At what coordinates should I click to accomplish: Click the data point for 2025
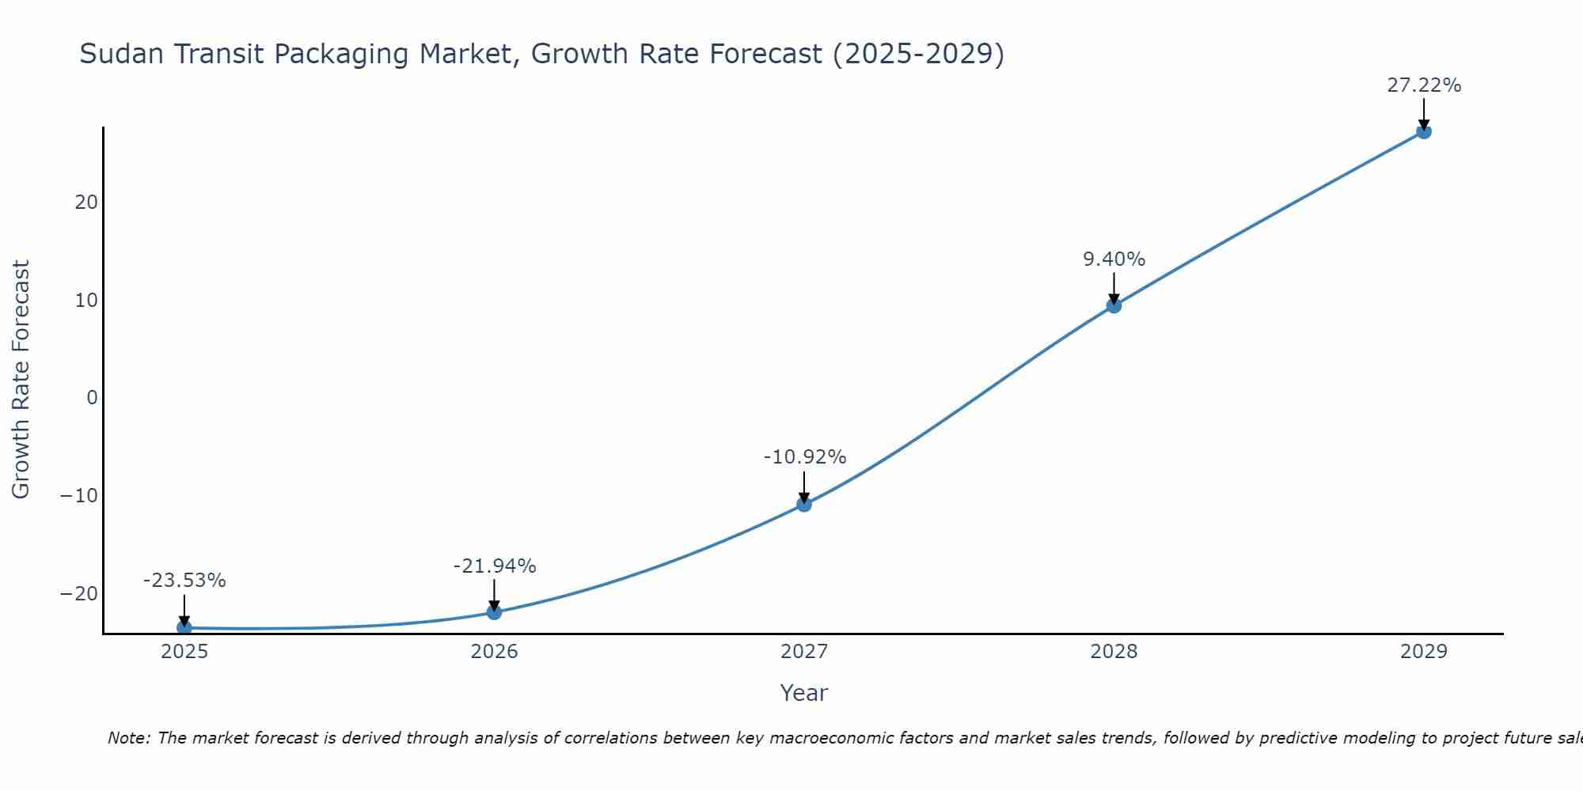click(184, 627)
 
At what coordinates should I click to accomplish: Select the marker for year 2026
click(494, 611)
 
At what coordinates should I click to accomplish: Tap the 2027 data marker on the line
click(804, 504)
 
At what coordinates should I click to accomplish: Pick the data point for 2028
click(1114, 305)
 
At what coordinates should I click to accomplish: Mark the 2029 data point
click(1423, 131)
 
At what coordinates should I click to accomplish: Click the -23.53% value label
click(184, 581)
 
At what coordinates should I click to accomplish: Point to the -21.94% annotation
click(495, 566)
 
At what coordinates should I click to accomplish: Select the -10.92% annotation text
click(805, 457)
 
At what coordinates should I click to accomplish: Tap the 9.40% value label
click(1114, 259)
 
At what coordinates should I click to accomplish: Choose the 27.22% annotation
click(1424, 85)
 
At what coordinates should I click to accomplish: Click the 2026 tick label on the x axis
click(494, 652)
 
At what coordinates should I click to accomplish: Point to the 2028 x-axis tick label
click(1114, 652)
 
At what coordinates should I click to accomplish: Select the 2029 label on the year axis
click(1423, 652)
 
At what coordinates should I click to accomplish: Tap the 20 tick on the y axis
click(86, 202)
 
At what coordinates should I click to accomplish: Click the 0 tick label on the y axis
click(93, 398)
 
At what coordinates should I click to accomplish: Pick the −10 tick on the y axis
click(79, 496)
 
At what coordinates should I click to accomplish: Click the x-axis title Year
click(803, 693)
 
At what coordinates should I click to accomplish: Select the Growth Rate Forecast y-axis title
click(21, 380)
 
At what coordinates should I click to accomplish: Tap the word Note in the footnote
click(128, 738)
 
